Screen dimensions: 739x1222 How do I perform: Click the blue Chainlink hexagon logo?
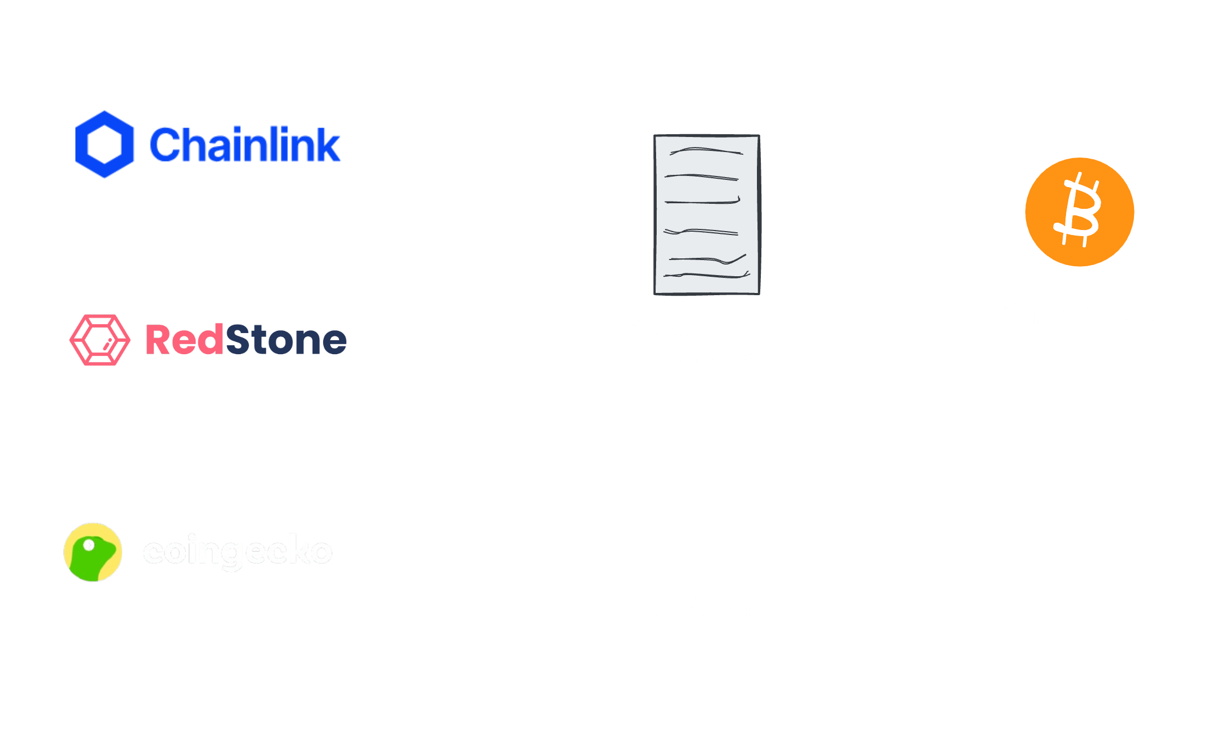[105, 145]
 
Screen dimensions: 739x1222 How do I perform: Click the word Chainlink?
[245, 145]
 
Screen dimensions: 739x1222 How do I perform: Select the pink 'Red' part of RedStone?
[184, 340]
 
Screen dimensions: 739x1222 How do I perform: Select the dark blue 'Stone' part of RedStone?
[285, 340]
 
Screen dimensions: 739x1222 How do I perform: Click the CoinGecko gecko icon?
[93, 552]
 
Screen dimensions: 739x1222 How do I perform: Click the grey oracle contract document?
[707, 214]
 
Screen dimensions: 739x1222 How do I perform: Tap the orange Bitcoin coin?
[1079, 212]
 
